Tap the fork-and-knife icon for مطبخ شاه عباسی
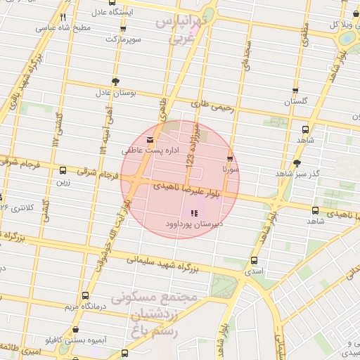click(x=63, y=17)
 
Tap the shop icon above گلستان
click(x=295, y=91)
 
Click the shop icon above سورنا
click(x=231, y=159)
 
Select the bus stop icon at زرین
click(x=63, y=170)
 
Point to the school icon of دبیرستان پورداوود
click(x=194, y=213)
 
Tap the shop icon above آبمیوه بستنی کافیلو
click(x=75, y=330)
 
